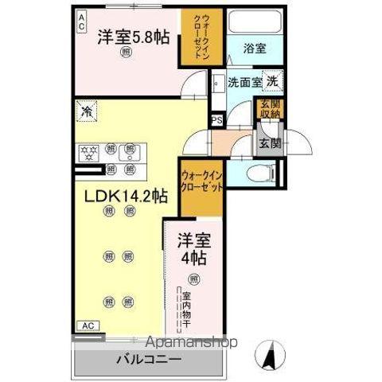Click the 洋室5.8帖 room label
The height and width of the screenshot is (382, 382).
pos(134,37)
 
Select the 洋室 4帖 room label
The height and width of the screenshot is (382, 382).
pos(193,248)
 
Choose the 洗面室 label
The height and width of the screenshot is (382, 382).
pos(245,82)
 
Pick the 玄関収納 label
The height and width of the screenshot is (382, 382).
pos(267,108)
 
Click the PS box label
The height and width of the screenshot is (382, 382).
pos(216,121)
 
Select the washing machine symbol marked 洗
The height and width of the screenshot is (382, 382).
pos(272,81)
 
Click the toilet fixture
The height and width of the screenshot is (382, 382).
pos(261,172)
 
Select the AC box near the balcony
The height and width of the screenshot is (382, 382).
pos(89,325)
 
